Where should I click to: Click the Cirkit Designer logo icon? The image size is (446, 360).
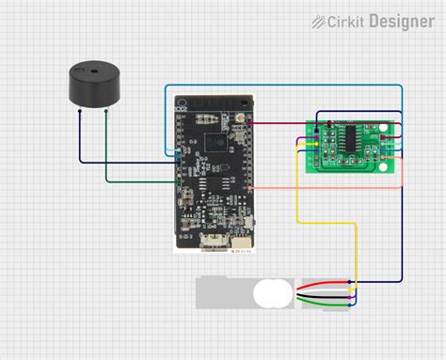pos(320,21)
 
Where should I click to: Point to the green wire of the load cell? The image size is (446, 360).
pos(325,296)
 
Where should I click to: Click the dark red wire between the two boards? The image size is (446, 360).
pos(282,123)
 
